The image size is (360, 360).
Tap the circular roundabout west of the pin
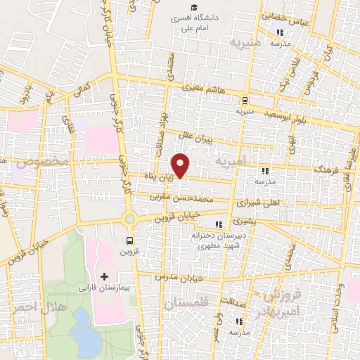(x=129, y=219)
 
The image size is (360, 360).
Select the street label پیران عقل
(x=200, y=131)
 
